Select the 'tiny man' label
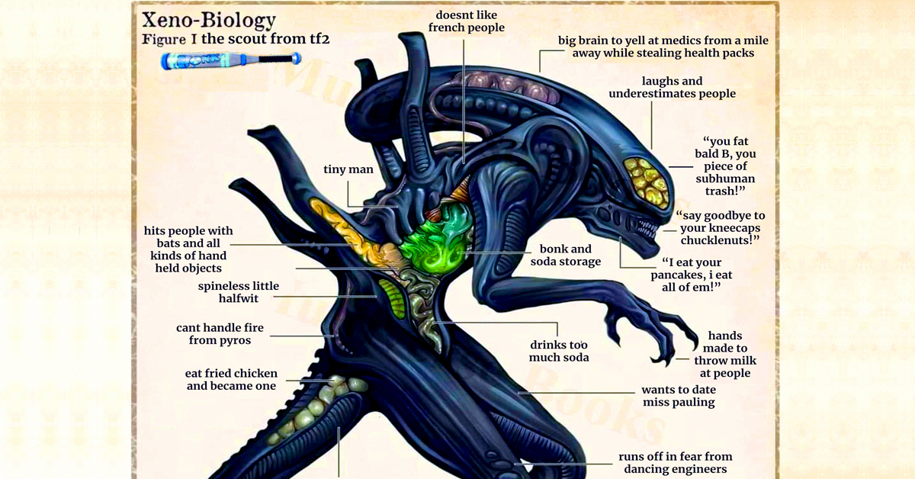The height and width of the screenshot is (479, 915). point(348,169)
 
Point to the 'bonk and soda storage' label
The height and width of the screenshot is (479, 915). point(565,256)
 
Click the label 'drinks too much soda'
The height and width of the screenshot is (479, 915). point(559,351)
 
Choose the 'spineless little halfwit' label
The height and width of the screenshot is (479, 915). point(239,292)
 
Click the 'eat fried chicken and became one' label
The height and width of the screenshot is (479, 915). point(231,380)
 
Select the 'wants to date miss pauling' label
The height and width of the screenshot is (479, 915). point(679,395)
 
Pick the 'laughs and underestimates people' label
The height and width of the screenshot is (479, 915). point(672,87)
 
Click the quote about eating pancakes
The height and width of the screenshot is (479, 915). point(685,274)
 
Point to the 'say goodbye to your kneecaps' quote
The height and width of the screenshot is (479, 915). point(720,228)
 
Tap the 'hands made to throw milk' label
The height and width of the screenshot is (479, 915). point(724,355)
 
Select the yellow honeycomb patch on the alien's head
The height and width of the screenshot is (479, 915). point(646,178)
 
